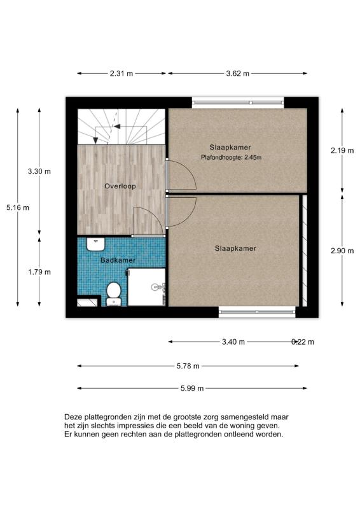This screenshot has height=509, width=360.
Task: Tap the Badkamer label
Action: [x=118, y=260]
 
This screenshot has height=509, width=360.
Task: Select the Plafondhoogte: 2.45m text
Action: [x=232, y=157]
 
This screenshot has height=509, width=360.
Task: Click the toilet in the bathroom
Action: [x=114, y=293]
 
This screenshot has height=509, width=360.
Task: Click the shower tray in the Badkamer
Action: [x=147, y=287]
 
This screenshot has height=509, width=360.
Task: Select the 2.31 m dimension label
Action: [x=121, y=73]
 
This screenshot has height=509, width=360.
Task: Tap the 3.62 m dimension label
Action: [x=239, y=73]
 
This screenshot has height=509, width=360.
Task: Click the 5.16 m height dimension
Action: [x=17, y=207]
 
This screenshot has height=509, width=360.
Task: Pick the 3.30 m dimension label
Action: [x=39, y=171]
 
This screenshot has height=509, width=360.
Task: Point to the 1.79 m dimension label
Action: [x=39, y=272]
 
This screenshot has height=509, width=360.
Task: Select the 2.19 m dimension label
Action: [x=342, y=151]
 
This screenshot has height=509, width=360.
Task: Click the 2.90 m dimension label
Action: [x=342, y=251]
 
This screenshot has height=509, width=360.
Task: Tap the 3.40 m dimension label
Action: [x=233, y=342]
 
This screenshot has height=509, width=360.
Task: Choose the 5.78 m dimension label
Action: [x=187, y=366]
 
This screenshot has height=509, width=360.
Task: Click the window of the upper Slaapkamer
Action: [x=238, y=101]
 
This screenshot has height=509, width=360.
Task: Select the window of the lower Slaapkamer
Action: [x=257, y=312]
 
